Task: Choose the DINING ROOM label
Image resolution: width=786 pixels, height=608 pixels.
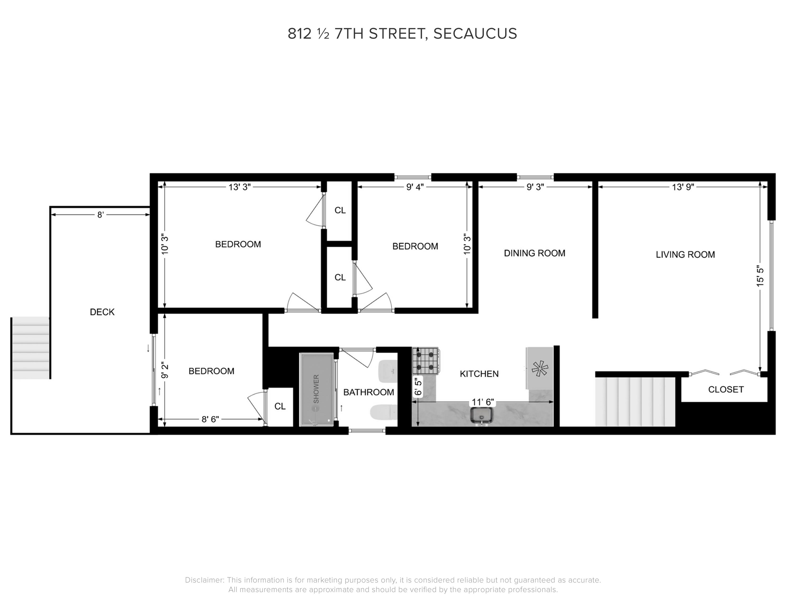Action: pyautogui.click(x=534, y=253)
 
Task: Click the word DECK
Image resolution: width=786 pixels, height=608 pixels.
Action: pyautogui.click(x=102, y=312)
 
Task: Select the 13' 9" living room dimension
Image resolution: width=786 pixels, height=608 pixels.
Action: pyautogui.click(x=683, y=187)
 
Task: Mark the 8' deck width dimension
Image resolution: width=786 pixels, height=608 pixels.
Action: pyautogui.click(x=100, y=215)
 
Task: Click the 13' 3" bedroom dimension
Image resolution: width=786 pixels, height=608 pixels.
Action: pyautogui.click(x=239, y=187)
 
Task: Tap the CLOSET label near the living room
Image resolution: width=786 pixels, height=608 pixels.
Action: pyautogui.click(x=726, y=389)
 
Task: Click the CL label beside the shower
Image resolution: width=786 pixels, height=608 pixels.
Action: pyautogui.click(x=280, y=406)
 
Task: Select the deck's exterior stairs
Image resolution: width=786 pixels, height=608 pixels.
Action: pyautogui.click(x=31, y=348)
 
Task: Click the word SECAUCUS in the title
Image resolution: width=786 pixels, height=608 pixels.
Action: pyautogui.click(x=475, y=34)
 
